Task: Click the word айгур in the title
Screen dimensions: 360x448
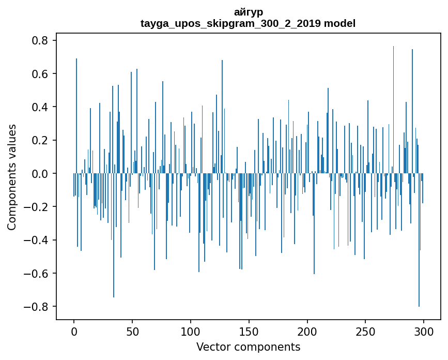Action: click(248, 12)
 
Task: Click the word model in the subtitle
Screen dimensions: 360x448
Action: click(339, 23)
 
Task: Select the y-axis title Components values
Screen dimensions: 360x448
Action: click(12, 177)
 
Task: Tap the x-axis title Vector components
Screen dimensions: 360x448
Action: click(248, 347)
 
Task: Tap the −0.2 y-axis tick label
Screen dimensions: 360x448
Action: click(37, 207)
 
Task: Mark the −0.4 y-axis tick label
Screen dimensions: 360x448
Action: click(37, 240)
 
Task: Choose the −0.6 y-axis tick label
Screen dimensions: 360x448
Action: click(37, 273)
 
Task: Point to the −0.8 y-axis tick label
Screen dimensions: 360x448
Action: click(37, 306)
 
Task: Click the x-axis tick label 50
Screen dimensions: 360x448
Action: click(132, 331)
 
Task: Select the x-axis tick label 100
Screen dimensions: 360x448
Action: click(191, 331)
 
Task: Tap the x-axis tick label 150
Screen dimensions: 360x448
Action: click(249, 331)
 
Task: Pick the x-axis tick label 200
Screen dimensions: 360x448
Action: click(307, 331)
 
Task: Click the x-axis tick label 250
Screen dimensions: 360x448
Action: click(365, 331)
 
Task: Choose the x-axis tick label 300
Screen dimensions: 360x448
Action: click(424, 331)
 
